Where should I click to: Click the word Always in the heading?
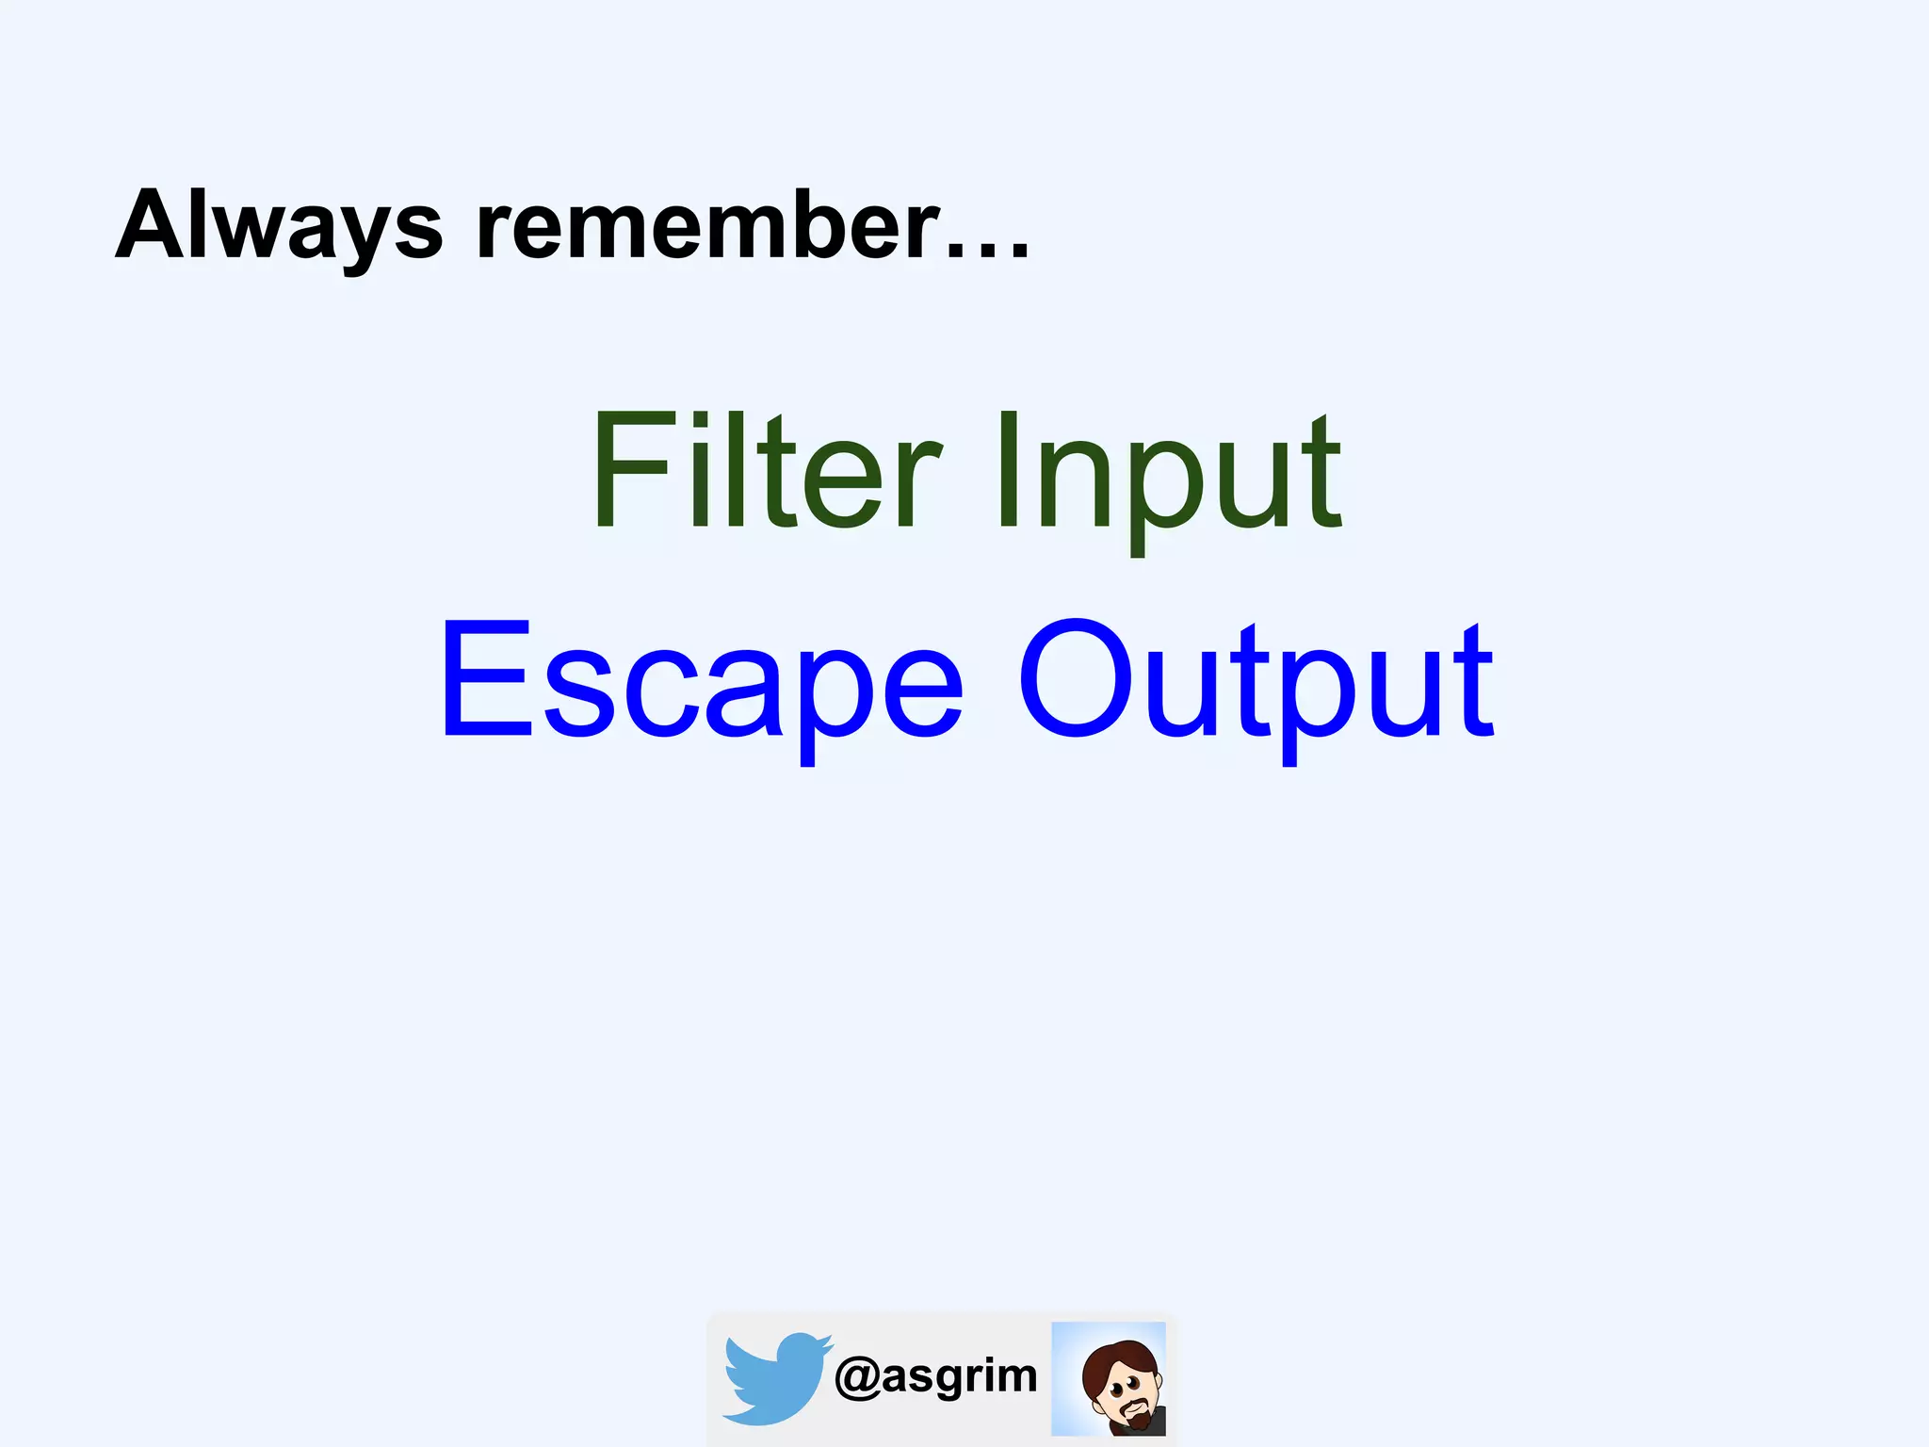279,226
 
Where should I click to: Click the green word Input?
1168,471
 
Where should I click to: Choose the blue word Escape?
702,678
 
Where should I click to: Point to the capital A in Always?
151,226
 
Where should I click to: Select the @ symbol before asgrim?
857,1377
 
